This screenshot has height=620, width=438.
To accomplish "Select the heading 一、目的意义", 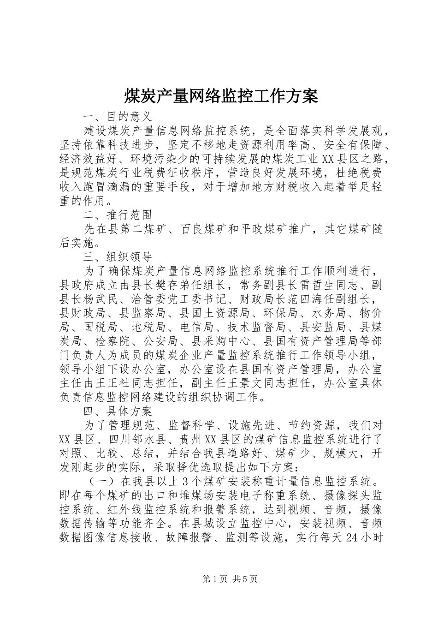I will tap(117, 115).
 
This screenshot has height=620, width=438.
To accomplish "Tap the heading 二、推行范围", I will tap(117, 215).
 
